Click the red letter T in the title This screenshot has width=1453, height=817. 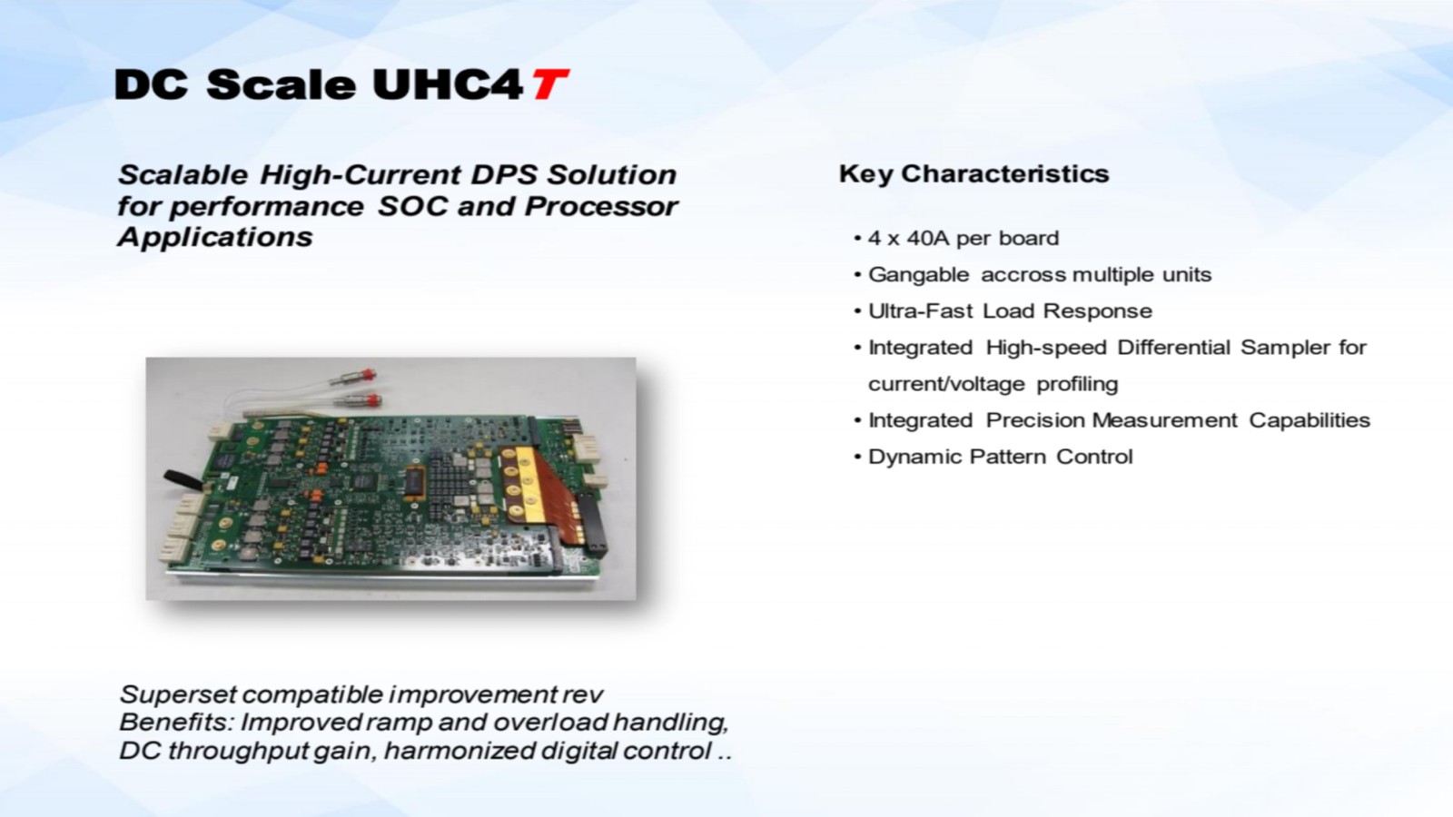pos(550,85)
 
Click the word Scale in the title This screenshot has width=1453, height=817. pos(282,85)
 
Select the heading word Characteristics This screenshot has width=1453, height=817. pos(1004,173)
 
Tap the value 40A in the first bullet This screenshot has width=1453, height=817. pos(928,238)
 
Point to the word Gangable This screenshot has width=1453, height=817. pos(918,275)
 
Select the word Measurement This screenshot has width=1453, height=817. pos(1164,420)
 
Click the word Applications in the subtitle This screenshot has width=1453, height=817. pos(214,237)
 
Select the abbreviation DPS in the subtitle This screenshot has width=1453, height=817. pos(505,174)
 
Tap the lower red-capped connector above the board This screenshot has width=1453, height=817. pos(362,399)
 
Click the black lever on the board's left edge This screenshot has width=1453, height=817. pos(184,479)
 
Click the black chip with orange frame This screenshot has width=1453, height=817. pos(415,482)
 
